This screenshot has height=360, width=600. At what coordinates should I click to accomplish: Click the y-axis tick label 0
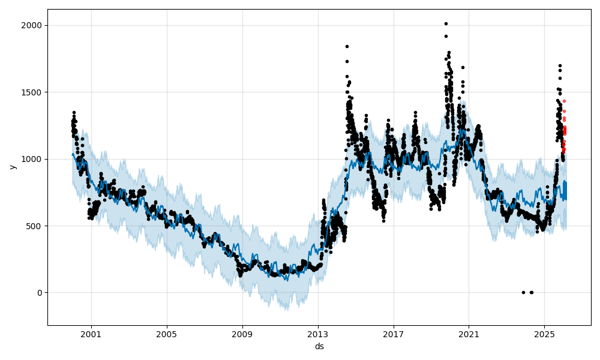click(x=39, y=293)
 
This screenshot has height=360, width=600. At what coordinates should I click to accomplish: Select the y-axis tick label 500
click(x=35, y=226)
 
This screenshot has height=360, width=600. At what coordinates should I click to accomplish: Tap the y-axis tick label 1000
click(x=32, y=159)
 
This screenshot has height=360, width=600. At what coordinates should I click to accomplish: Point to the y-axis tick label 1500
click(x=32, y=92)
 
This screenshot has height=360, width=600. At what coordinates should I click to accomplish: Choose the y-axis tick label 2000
click(x=32, y=25)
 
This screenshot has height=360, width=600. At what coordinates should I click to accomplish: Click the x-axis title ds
click(x=319, y=346)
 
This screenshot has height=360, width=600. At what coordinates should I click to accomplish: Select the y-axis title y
click(x=12, y=167)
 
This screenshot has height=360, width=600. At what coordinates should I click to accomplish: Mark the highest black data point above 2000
click(x=446, y=23)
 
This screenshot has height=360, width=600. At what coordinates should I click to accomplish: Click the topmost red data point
click(x=564, y=101)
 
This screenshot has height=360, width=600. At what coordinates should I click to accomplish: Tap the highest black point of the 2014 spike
click(x=347, y=46)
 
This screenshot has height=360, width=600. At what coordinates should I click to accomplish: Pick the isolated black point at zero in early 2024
click(x=523, y=292)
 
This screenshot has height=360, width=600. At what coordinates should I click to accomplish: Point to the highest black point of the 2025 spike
click(x=560, y=65)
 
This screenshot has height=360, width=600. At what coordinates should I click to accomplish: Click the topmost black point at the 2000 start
click(x=74, y=112)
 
